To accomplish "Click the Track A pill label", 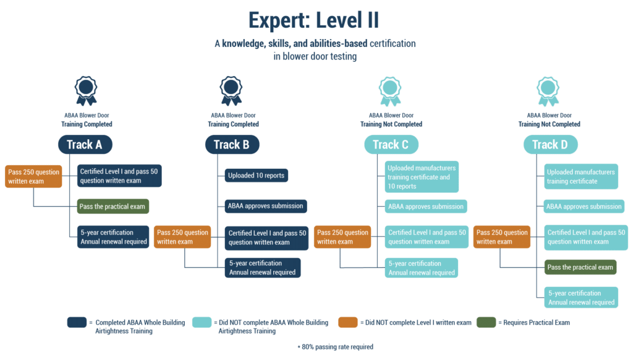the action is coord(85,145).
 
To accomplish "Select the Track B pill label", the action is coord(232,145).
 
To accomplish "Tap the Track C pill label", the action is coord(391,145).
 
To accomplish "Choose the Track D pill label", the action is coord(550,145).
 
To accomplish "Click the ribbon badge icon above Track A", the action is coord(85,91).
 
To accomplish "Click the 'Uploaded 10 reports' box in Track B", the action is coord(257,175).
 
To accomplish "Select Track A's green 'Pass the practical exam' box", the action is coord(113,207).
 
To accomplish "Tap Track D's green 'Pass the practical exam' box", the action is coord(580,267).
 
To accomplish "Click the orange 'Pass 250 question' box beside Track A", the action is coord(33,176).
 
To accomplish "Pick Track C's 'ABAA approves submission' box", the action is coord(426,207).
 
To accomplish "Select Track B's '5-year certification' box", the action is coord(263,268).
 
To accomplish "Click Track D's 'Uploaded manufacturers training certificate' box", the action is coord(581,176).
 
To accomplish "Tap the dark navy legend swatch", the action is coord(77,322).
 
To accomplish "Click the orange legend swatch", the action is coord(348,322).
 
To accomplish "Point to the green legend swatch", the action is coord(486,322).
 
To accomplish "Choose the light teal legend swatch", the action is coord(202,322).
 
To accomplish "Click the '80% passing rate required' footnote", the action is coord(336,346).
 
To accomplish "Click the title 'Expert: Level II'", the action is coord(313,20).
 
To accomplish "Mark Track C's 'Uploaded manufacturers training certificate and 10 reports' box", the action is coord(422,177).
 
